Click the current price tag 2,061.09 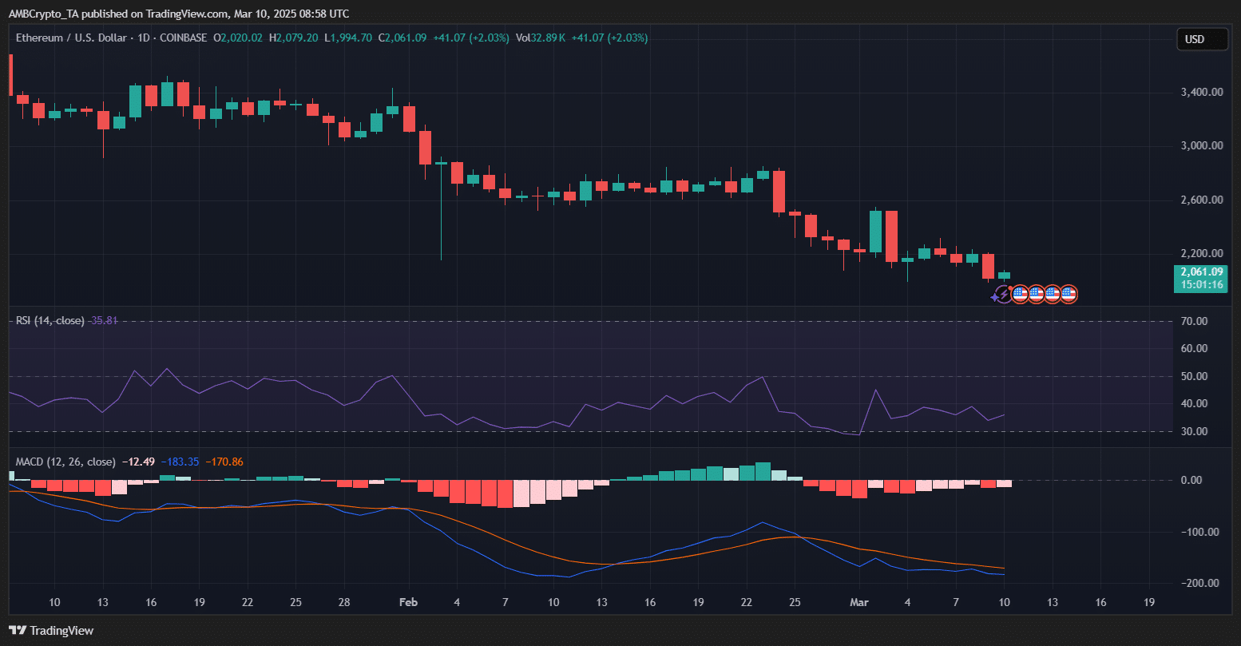(x=1201, y=271)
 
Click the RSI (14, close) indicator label (x=50, y=320)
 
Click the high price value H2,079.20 (x=293, y=38)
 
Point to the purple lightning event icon (x=1002, y=295)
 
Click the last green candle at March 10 (x=1004, y=275)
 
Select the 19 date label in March (x=1149, y=602)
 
